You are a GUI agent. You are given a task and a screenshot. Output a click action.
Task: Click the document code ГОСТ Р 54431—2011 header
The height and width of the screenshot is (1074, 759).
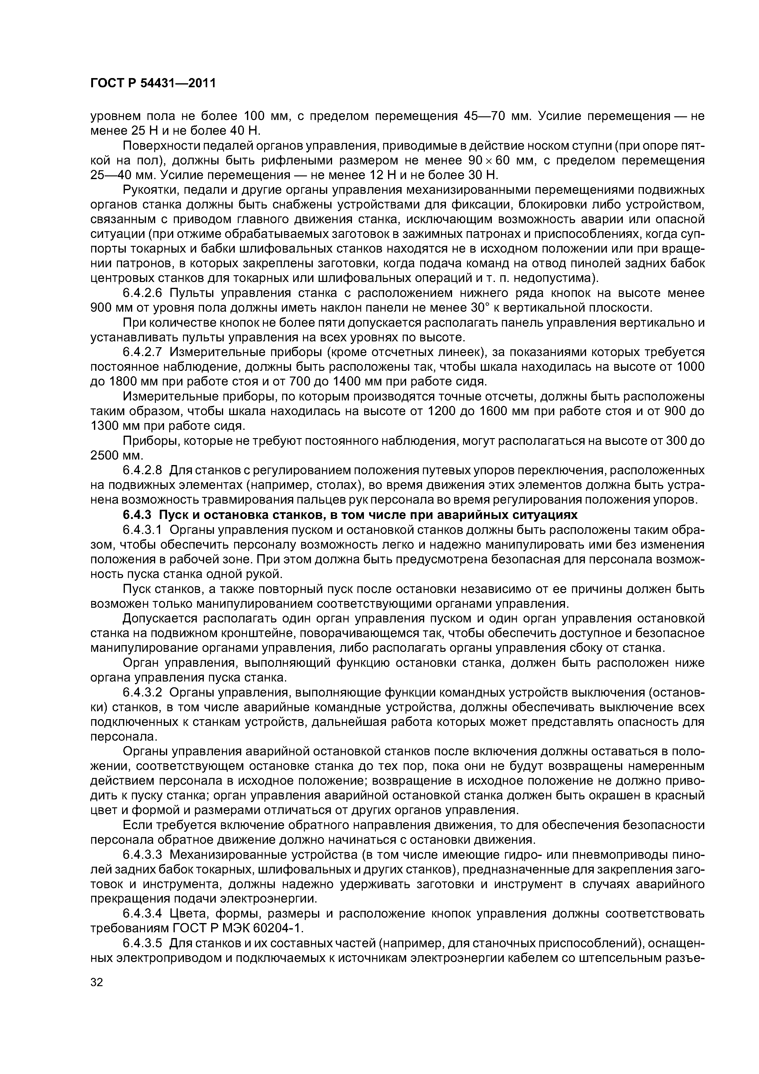153,83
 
